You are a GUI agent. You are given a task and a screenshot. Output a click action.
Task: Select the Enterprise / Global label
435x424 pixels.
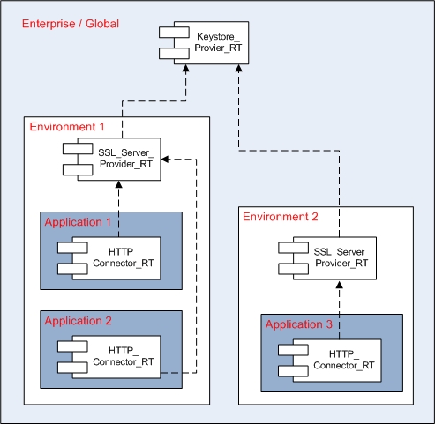pyautogui.click(x=71, y=24)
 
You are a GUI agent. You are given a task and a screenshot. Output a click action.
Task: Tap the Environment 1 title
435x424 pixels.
pyautogui.click(x=67, y=127)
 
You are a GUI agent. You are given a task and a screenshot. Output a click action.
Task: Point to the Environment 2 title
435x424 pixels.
pyautogui.click(x=281, y=217)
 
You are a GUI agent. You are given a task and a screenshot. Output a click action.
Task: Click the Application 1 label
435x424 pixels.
pyautogui.click(x=78, y=222)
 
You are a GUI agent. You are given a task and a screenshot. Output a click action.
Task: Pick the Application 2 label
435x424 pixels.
pyautogui.click(x=78, y=321)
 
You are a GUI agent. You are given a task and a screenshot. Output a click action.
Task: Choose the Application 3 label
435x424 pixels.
pyautogui.click(x=299, y=324)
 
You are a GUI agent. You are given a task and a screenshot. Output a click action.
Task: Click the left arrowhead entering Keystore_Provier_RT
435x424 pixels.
pyautogui.click(x=186, y=69)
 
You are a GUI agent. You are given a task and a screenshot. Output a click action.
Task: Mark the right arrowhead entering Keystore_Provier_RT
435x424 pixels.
pyautogui.click(x=239, y=69)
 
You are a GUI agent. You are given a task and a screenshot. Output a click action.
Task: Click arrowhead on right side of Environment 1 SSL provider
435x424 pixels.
pyautogui.click(x=165, y=160)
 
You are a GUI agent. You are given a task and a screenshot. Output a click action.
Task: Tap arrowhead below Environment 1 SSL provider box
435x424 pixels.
pyautogui.click(x=119, y=184)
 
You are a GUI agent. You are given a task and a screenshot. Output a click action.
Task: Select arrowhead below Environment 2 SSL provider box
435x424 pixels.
pyautogui.click(x=340, y=285)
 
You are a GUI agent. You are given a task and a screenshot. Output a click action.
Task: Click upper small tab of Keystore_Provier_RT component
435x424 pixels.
pyautogui.click(x=174, y=33)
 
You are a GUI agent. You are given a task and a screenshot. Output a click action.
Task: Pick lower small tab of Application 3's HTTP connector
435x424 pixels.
pyautogui.click(x=293, y=371)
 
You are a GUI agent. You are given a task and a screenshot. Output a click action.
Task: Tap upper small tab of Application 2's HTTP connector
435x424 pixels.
pyautogui.click(x=72, y=346)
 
